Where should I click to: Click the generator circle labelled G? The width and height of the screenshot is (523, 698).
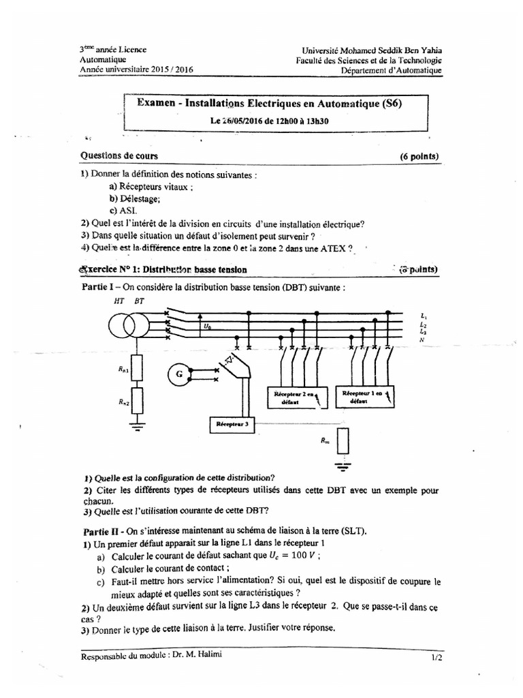pos(179,374)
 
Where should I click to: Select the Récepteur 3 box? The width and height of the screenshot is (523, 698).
pos(233,423)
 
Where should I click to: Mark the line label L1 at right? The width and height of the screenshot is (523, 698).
pos(424,316)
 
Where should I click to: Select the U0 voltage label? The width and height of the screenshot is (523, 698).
pos(207,327)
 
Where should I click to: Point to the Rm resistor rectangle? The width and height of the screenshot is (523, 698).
pos(343,442)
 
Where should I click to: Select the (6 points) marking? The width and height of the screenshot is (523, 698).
pos(419,157)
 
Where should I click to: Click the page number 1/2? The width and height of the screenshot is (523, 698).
pos(436,658)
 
